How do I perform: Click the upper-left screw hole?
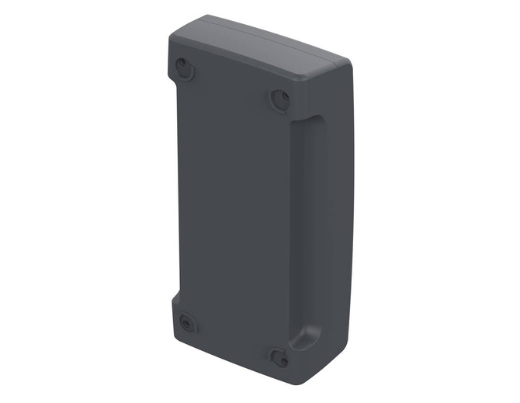(x=183, y=65)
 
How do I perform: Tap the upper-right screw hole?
(x=280, y=98)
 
